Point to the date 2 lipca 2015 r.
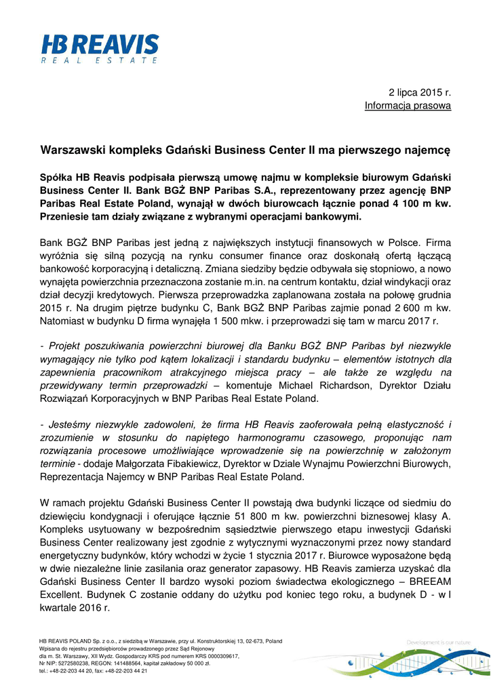[419, 91]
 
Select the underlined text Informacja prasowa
[408, 105]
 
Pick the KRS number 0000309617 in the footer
[215, 656]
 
